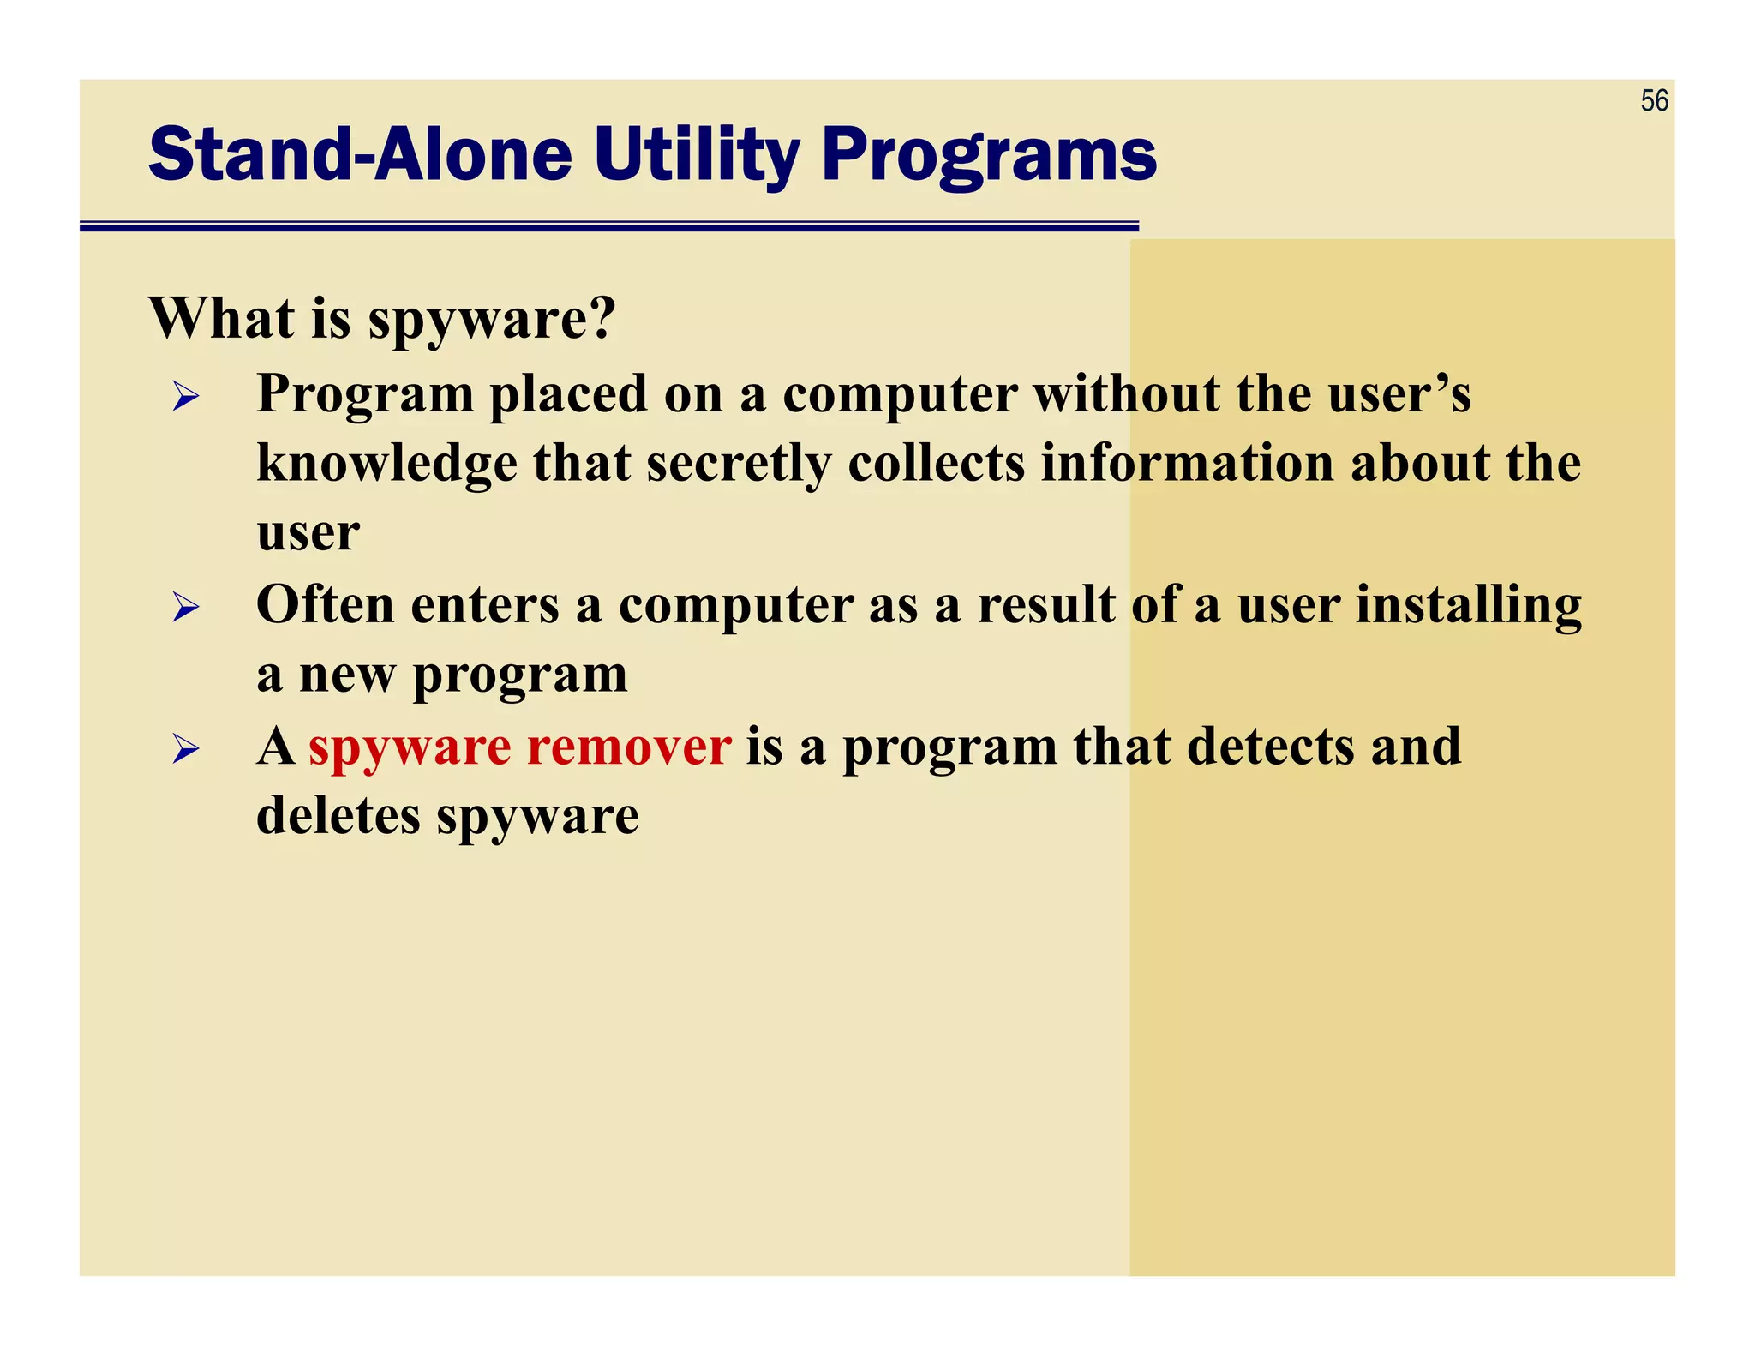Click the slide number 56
point(1654,101)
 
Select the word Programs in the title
point(989,155)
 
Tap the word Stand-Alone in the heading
point(360,155)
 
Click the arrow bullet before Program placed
point(185,397)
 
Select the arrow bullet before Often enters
point(185,608)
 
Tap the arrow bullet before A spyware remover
point(185,749)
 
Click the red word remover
point(629,746)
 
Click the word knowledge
point(386,464)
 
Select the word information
point(1187,464)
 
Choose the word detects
point(1267,746)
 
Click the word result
point(1046,605)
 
